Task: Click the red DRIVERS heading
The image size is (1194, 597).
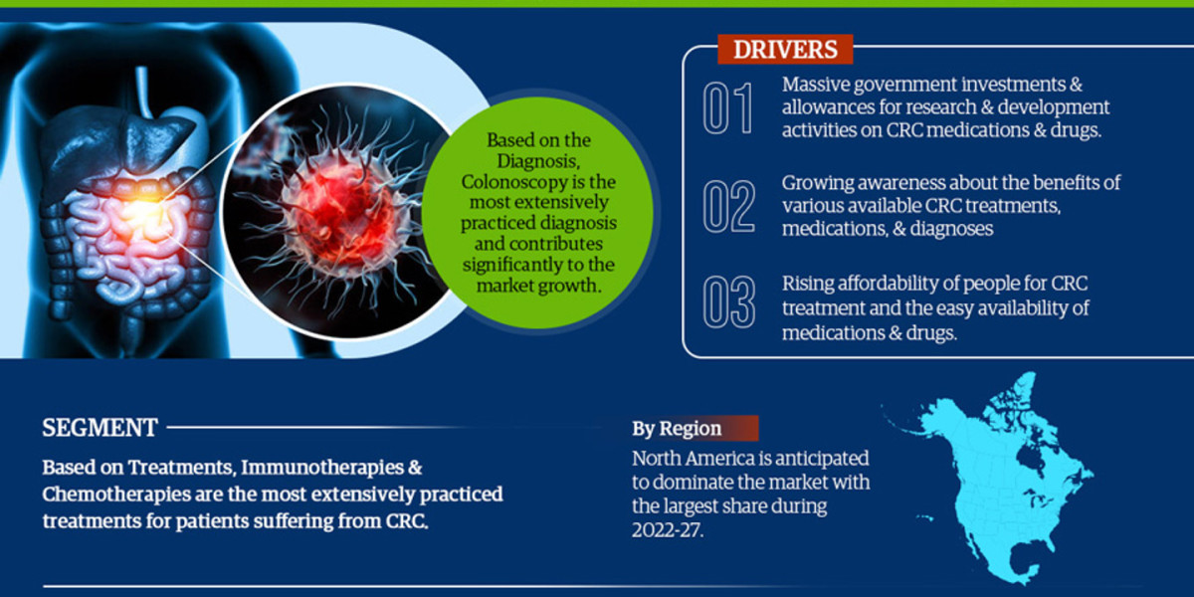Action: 785,48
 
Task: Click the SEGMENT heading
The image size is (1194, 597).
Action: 99,428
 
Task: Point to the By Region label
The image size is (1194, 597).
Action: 678,429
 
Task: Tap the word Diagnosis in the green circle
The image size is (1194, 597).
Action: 537,162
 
